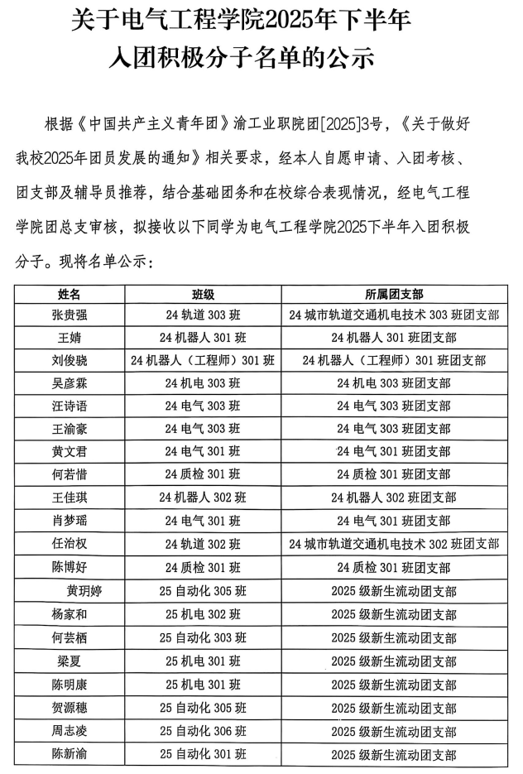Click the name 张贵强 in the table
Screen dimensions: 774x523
pos(70,315)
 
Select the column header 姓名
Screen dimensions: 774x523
pos(70,294)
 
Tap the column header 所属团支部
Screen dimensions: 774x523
pos(394,294)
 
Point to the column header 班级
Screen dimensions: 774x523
pos(203,294)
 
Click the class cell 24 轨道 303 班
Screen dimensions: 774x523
pos(203,315)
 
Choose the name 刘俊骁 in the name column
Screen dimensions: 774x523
pos(70,360)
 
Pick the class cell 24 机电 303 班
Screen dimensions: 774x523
pos(203,383)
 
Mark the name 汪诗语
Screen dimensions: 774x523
pos(70,406)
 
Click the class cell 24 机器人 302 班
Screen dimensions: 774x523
pos(203,498)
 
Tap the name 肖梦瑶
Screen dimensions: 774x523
pos(70,521)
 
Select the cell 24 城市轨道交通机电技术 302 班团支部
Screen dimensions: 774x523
pos(394,544)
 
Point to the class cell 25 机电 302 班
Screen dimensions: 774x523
pos(203,615)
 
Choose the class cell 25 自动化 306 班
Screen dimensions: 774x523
pos(203,732)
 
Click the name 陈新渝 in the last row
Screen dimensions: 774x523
pos(70,755)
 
